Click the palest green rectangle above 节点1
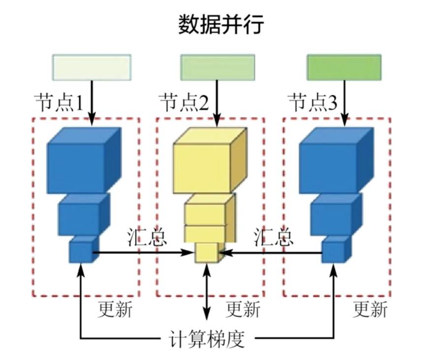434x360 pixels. (92, 67)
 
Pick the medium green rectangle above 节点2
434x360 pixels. (217, 67)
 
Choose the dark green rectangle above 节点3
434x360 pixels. (344, 67)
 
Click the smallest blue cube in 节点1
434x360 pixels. (81, 251)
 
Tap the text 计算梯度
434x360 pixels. (207, 339)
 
